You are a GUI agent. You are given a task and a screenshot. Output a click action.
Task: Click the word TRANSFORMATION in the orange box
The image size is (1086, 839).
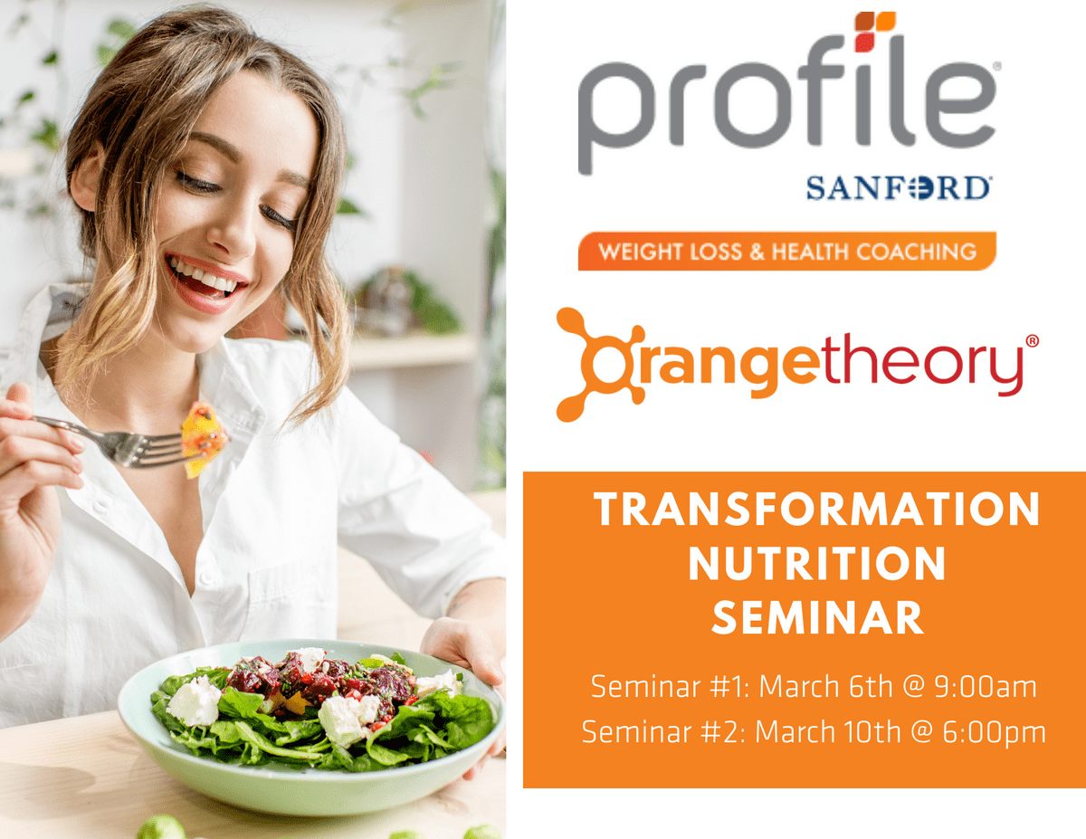pyautogui.click(x=817, y=510)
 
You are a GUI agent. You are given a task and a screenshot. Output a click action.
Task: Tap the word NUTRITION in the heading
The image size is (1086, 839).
pyautogui.click(x=817, y=563)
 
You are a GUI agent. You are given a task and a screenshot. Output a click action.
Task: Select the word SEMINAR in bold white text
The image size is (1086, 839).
pyautogui.click(x=817, y=617)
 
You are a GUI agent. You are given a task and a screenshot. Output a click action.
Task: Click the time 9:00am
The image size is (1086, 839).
pyautogui.click(x=985, y=687)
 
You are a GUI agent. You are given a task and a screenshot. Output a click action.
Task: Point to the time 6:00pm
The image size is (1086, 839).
pyautogui.click(x=994, y=732)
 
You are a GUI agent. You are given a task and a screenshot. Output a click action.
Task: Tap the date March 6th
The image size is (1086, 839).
pyautogui.click(x=825, y=686)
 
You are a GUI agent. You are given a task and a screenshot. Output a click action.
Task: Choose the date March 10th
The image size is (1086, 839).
pyautogui.click(x=827, y=731)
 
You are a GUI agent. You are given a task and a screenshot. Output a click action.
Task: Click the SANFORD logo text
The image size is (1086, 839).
pyautogui.click(x=899, y=188)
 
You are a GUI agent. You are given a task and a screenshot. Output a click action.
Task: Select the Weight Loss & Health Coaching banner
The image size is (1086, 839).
pyautogui.click(x=787, y=252)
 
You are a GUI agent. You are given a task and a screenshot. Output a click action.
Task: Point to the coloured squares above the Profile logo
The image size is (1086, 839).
pyautogui.click(x=875, y=32)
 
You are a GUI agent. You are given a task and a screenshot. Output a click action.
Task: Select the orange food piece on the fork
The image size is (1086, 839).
pyautogui.click(x=204, y=439)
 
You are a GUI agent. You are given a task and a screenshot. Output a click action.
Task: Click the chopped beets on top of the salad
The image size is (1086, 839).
pyautogui.click(x=319, y=676)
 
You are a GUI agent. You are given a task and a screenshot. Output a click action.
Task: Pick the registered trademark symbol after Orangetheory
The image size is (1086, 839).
pyautogui.click(x=1032, y=341)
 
